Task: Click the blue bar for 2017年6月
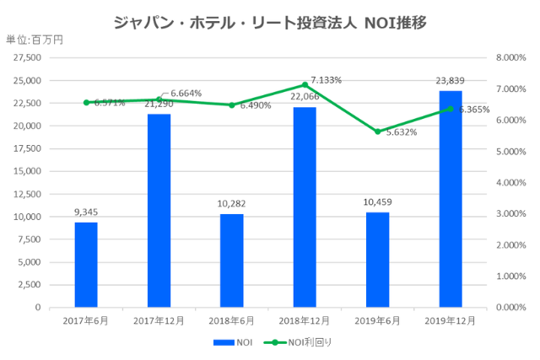pyautogui.click(x=86, y=265)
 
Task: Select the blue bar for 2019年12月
pyautogui.click(x=451, y=199)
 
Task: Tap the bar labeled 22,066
pyautogui.click(x=305, y=207)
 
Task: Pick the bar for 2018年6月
pyautogui.click(x=231, y=261)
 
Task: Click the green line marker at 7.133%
pyautogui.click(x=305, y=85)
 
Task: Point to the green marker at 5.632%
pyautogui.click(x=377, y=132)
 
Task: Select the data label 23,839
pyautogui.click(x=451, y=81)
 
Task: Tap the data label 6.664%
pyautogui.click(x=186, y=93)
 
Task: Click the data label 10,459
pyautogui.click(x=377, y=202)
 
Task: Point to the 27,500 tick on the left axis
pyautogui.click(x=28, y=57)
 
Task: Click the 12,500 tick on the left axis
pyautogui.click(x=28, y=194)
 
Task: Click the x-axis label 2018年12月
pyautogui.click(x=305, y=321)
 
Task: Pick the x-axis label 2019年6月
pyautogui.click(x=377, y=321)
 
